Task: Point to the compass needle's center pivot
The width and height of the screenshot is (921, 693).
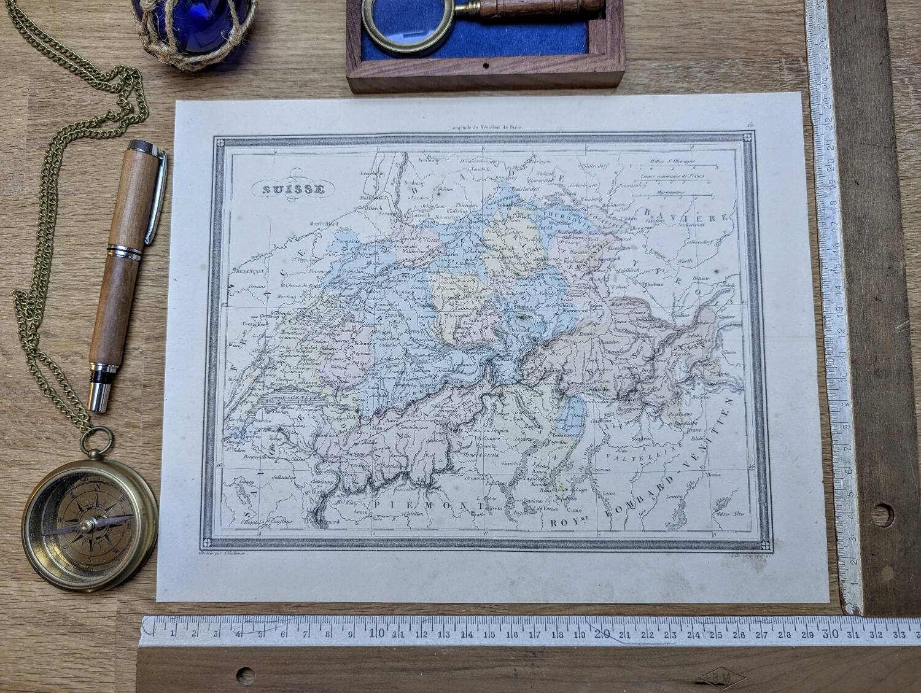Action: pos(90,525)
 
